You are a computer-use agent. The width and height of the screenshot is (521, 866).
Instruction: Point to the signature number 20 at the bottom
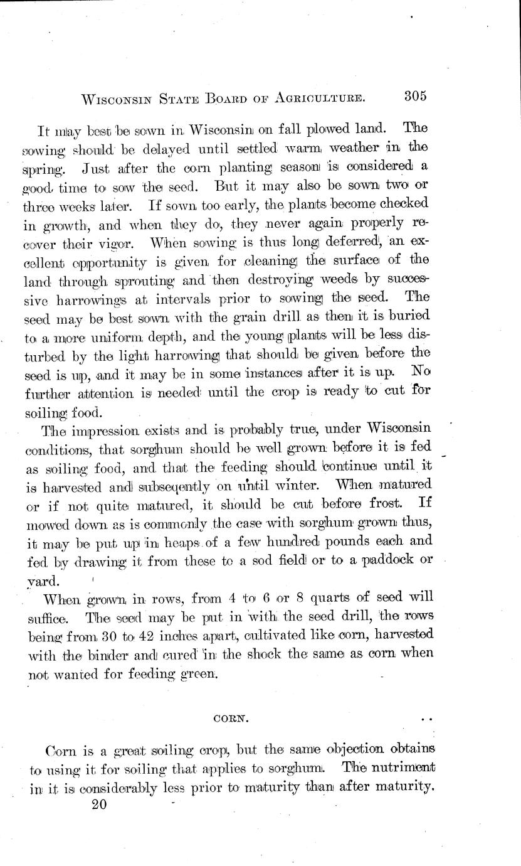[x=99, y=806]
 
